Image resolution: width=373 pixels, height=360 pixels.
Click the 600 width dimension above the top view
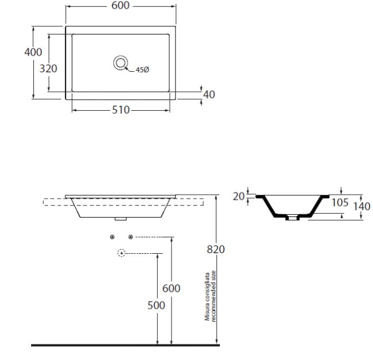pyautogui.click(x=121, y=6)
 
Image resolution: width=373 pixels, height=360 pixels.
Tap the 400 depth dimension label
pyautogui.click(x=33, y=52)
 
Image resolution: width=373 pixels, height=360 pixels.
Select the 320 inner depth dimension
pyautogui.click(x=48, y=68)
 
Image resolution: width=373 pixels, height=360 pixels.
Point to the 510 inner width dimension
pyautogui.click(x=121, y=110)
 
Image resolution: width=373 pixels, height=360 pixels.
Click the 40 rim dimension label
pyautogui.click(x=209, y=95)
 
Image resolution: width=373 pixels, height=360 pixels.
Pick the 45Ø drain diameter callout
pyautogui.click(x=142, y=69)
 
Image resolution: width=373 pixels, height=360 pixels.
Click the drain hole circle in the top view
pyautogui.click(x=121, y=63)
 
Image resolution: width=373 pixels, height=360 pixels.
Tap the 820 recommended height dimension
pyautogui.click(x=216, y=249)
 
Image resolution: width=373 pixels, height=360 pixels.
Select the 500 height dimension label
pyautogui.click(x=156, y=305)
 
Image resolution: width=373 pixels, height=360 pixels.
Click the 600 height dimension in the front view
pyautogui.click(x=171, y=288)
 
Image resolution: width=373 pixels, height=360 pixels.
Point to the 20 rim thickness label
pyautogui.click(x=239, y=196)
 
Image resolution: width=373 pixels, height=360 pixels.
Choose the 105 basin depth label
pyautogui.click(x=340, y=203)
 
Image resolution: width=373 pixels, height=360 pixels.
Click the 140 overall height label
pyautogui.click(x=362, y=206)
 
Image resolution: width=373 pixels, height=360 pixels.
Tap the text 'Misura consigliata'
pyautogui.click(x=207, y=296)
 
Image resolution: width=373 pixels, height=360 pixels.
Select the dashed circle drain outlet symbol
pyautogui.click(x=122, y=253)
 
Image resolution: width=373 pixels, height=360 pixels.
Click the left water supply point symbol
pyautogui.click(x=112, y=237)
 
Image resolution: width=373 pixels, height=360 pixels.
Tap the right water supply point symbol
pyautogui.click(x=131, y=237)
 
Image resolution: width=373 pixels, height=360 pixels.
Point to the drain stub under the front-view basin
pyautogui.click(x=121, y=219)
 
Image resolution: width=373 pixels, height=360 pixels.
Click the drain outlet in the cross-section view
pyautogui.click(x=292, y=218)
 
